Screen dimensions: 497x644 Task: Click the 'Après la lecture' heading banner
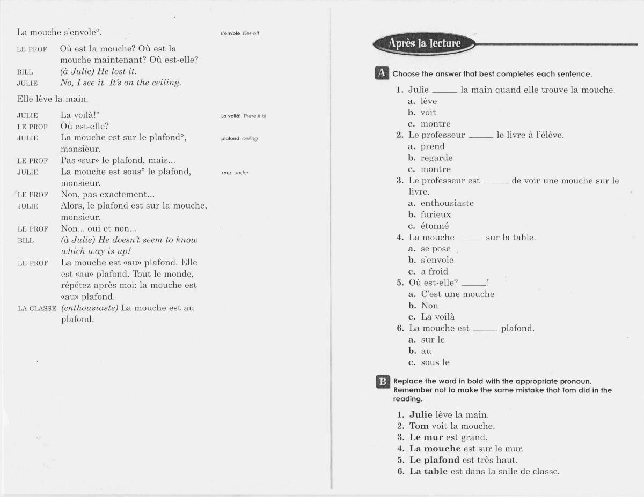tap(424, 43)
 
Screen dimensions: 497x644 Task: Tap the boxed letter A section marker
tap(382, 73)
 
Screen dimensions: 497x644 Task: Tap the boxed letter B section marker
tap(382, 382)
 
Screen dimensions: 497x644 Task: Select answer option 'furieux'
tap(435, 214)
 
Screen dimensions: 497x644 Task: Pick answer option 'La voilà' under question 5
tap(437, 317)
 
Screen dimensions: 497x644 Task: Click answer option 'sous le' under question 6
tap(435, 362)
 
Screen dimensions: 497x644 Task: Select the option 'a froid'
tap(434, 271)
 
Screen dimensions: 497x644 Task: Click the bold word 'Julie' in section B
tap(421, 414)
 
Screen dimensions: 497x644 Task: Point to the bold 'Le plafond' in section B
tap(434, 460)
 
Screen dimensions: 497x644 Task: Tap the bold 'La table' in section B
tap(428, 472)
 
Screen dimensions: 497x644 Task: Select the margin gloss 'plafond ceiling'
tap(239, 138)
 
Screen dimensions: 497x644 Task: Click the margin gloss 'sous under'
tap(235, 173)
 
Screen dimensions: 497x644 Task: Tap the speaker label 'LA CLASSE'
tap(37, 309)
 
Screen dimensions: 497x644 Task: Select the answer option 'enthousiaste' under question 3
tap(447, 203)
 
